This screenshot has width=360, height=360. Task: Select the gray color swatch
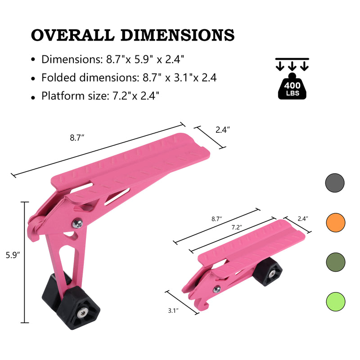(x=335, y=183)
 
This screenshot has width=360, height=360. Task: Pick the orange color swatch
(x=335, y=222)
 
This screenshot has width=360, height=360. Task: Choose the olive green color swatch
(x=335, y=261)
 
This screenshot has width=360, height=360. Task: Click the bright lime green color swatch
(x=335, y=301)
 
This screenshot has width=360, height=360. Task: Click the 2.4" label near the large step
(x=222, y=130)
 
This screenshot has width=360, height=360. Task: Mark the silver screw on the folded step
(x=217, y=289)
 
